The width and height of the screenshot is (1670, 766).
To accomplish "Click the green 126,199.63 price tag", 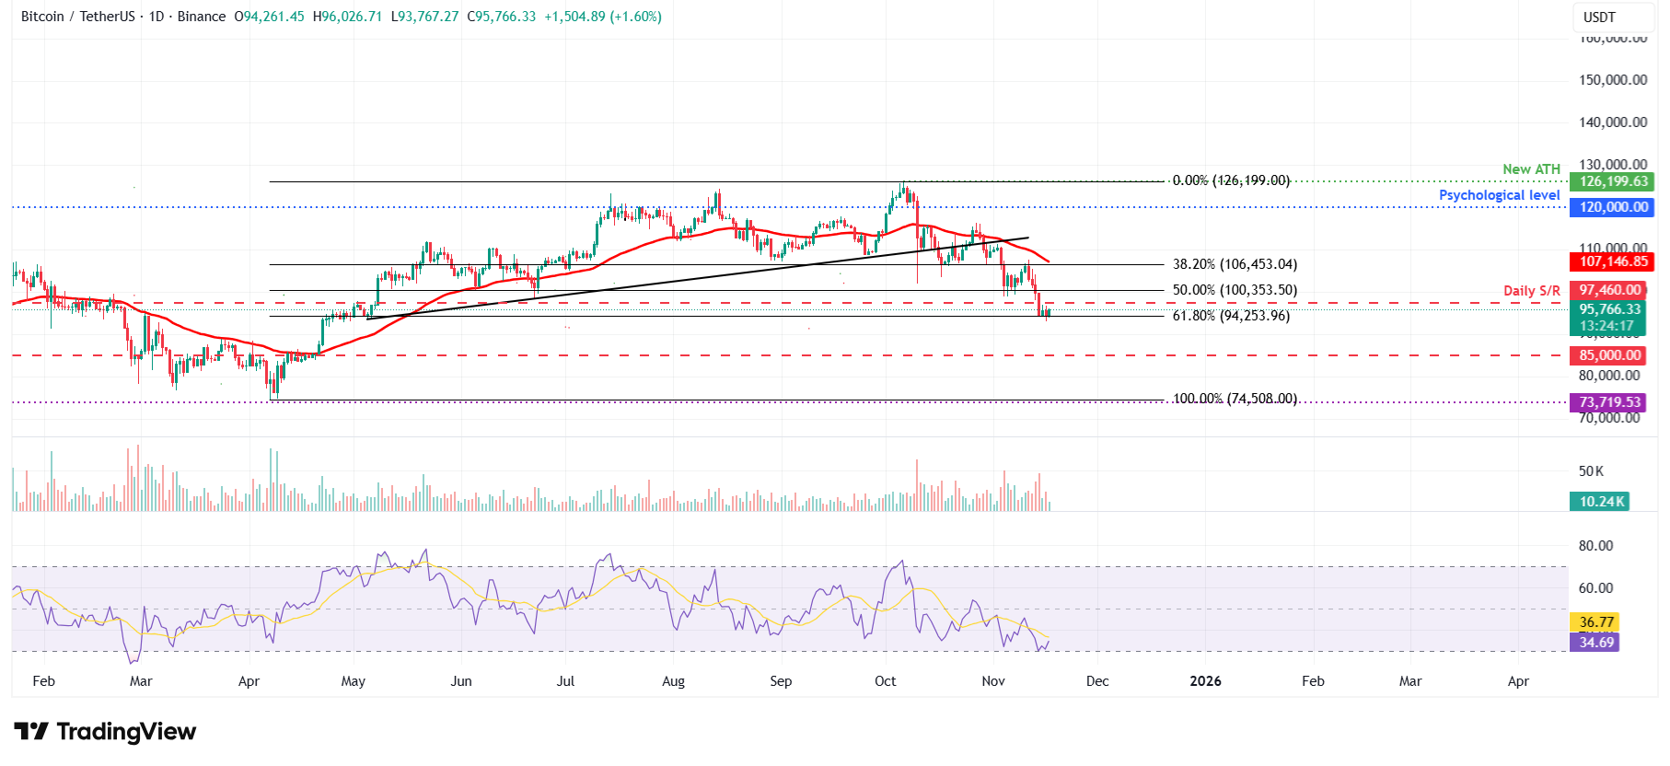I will [x=1613, y=181].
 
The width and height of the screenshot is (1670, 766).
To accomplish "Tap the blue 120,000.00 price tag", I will [x=1613, y=207].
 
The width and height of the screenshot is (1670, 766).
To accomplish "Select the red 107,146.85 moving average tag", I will [x=1613, y=262].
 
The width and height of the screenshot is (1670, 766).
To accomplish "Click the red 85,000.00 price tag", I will [x=1609, y=355].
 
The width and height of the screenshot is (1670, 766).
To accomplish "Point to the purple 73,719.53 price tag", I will [x=1609, y=402].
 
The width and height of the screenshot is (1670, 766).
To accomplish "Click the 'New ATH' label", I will [x=1531, y=169].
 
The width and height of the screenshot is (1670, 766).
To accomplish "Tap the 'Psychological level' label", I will [x=1499, y=195].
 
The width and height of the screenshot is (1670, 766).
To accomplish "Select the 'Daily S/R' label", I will [x=1531, y=291].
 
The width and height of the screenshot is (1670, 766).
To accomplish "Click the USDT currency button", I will [x=1599, y=17].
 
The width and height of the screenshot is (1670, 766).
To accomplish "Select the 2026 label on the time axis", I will [x=1205, y=681].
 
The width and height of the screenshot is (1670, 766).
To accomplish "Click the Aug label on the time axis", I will [x=673, y=681].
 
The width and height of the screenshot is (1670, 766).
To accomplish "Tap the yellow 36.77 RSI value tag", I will [x=1596, y=622].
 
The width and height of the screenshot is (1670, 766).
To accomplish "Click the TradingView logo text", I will [x=126, y=732].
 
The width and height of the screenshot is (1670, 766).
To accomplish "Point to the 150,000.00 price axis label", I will [x=1613, y=80].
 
